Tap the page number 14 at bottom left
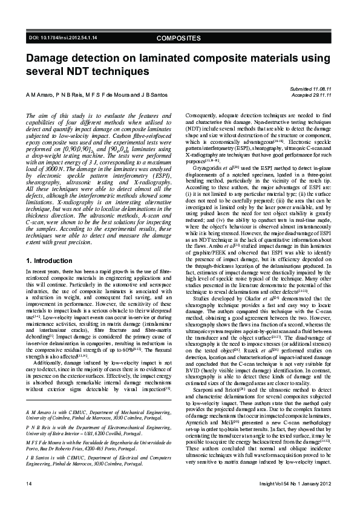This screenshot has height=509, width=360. [28, 485]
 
